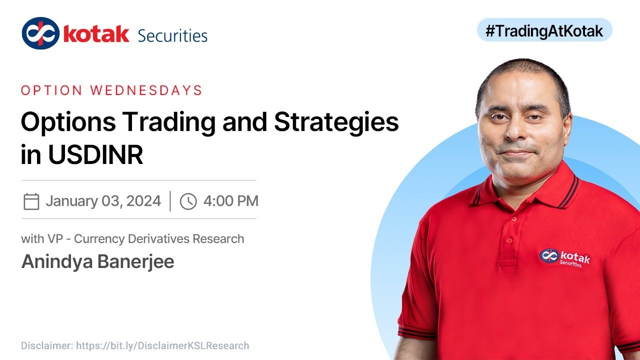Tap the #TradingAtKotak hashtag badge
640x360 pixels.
click(x=544, y=31)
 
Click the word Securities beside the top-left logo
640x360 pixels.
click(x=172, y=35)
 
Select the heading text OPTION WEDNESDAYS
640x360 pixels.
click(x=111, y=90)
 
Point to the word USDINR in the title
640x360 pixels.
click(x=96, y=155)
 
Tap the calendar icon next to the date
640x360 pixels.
click(x=31, y=201)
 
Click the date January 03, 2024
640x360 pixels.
click(x=103, y=201)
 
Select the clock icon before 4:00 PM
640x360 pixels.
click(x=188, y=201)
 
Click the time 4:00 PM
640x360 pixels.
click(x=230, y=201)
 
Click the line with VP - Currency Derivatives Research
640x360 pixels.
click(x=132, y=239)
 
